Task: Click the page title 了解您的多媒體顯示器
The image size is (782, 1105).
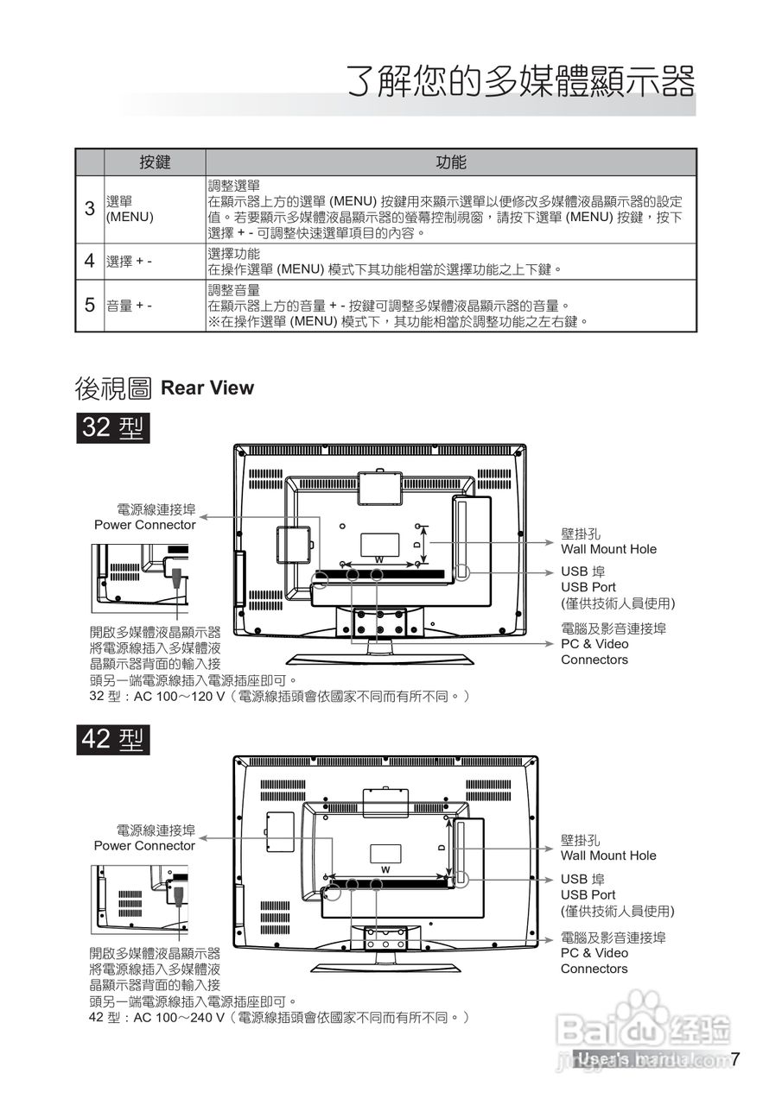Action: point(521,83)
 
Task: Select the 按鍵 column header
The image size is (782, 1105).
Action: point(155,162)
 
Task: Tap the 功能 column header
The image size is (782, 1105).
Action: point(450,162)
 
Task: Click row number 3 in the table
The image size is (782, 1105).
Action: point(89,209)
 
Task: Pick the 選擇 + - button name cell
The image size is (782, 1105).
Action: point(129,262)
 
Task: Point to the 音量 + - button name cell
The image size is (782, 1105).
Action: point(129,305)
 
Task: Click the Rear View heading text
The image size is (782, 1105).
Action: point(207,388)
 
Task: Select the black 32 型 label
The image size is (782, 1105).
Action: point(113,427)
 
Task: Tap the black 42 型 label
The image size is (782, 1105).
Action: point(113,740)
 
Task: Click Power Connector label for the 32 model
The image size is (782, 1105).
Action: point(145,525)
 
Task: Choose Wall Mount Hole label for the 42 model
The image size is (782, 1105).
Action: point(608,856)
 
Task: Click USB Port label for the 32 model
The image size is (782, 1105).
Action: point(588,587)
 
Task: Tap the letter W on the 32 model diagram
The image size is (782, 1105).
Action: point(378,559)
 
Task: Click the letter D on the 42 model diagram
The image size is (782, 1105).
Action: point(441,848)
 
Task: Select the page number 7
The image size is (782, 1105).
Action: point(735,1060)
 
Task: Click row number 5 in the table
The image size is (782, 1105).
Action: point(89,305)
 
